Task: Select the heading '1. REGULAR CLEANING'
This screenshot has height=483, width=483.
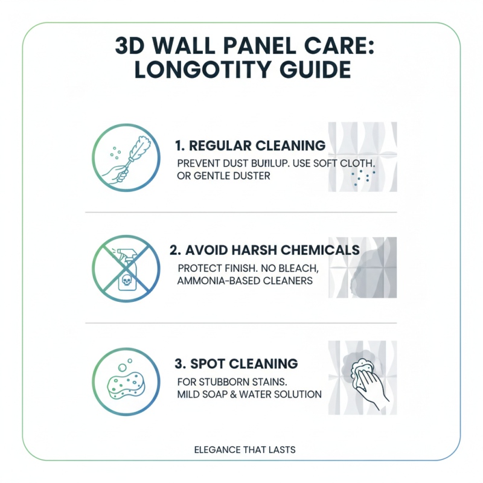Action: (249, 146)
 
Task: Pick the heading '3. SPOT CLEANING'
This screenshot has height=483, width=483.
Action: (236, 363)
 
